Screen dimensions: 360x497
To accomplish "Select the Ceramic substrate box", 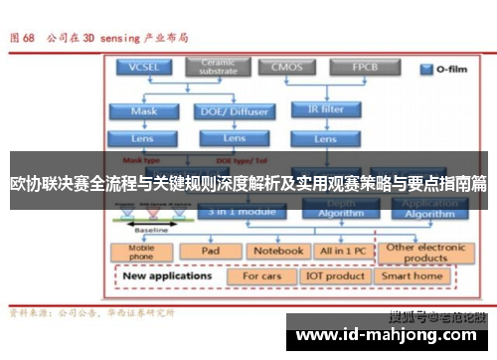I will pos(218,67).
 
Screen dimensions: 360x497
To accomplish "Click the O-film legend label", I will pos(444,70).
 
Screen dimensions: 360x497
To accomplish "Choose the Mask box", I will pos(144,110).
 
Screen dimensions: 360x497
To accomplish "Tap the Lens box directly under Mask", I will pos(144,138).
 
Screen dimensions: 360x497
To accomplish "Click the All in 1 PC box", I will pos(341,251).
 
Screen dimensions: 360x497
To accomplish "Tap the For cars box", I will pos(263,275).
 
